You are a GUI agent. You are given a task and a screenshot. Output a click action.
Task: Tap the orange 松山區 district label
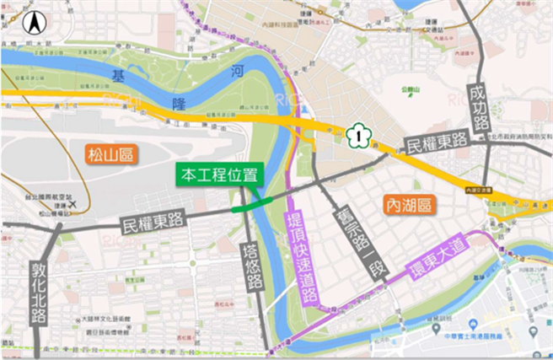pos(111,153)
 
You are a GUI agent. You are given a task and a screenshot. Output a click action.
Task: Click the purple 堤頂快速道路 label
pos(299,257)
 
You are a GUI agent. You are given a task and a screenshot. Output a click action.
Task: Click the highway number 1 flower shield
pos(360,133)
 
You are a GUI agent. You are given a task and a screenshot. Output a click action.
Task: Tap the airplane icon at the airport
pos(75,204)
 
